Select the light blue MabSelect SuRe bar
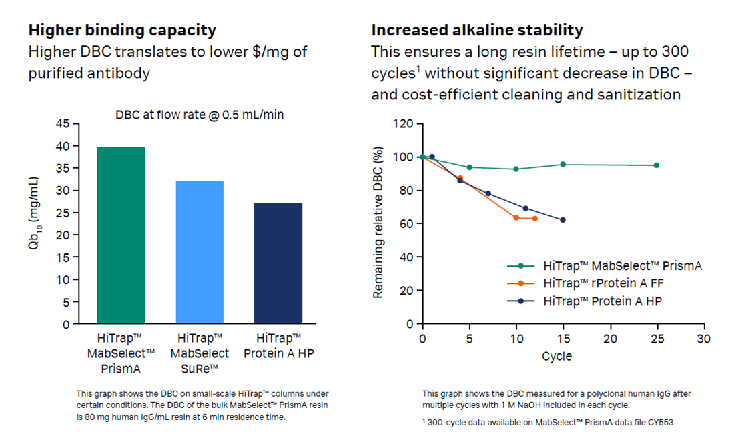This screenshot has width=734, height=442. click(x=200, y=253)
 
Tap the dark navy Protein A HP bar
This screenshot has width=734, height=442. click(x=278, y=263)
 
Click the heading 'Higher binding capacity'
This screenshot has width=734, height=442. click(x=122, y=30)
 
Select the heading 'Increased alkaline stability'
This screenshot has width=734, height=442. click(x=476, y=30)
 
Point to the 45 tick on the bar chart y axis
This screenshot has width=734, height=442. click(x=61, y=124)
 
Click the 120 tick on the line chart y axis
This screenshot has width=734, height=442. click(x=403, y=124)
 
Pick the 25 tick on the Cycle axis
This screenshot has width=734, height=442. click(x=656, y=339)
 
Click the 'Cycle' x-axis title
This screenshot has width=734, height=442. click(x=556, y=356)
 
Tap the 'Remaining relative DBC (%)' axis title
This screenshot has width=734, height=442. click(x=378, y=223)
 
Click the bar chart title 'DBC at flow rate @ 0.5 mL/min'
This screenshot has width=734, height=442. click(x=200, y=115)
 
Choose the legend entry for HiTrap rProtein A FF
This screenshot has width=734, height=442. click(x=603, y=283)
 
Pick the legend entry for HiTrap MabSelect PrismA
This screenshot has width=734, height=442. click(x=622, y=266)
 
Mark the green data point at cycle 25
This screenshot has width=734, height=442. click(x=656, y=165)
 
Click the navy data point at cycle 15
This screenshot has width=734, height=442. click(x=563, y=220)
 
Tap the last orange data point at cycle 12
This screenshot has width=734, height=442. click(x=534, y=219)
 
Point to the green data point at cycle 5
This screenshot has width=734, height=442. click(x=469, y=167)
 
